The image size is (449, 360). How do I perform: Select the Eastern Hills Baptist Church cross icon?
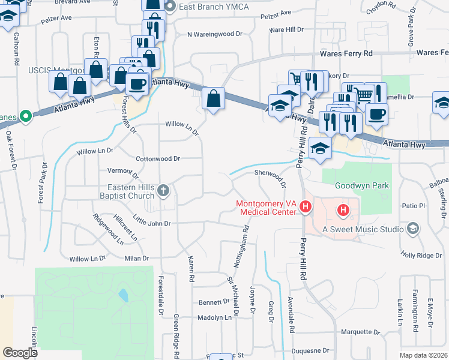click(x=164, y=191)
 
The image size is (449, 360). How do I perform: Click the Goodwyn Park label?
click(x=362, y=186)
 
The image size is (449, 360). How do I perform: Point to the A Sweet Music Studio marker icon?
click(x=412, y=228)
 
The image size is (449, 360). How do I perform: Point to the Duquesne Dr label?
click(x=310, y=350)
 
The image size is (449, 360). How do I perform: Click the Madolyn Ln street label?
click(x=214, y=318)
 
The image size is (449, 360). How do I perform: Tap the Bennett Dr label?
click(x=214, y=302)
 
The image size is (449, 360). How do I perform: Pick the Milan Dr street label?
click(x=136, y=259)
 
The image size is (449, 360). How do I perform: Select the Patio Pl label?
click(x=413, y=206)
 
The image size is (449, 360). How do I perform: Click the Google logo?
click(x=20, y=353)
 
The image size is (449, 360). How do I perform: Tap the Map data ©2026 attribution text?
click(x=423, y=355)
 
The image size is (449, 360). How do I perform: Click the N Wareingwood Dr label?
click(x=215, y=35)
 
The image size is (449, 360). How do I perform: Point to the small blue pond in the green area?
click(x=123, y=295)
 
